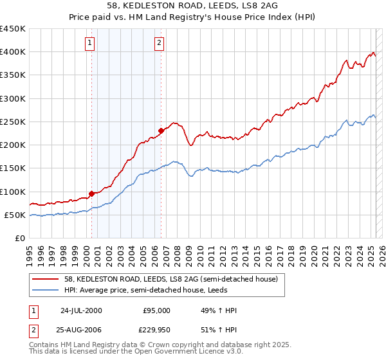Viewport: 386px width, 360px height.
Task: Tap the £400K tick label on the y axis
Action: pyautogui.click(x=13, y=52)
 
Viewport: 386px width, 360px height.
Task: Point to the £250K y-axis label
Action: pyautogui.click(x=13, y=122)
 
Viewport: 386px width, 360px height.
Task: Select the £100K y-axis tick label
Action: pyautogui.click(x=13, y=192)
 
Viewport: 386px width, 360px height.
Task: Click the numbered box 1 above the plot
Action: pyautogui.click(x=89, y=44)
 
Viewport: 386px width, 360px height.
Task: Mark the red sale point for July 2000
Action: pyautogui.click(x=92, y=194)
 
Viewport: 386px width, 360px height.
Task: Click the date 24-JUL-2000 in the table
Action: pyautogui.click(x=81, y=310)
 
